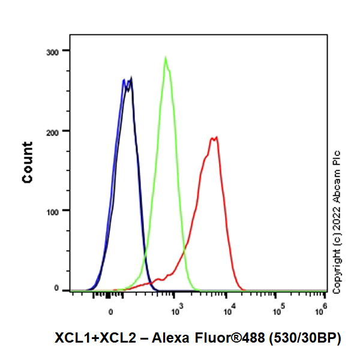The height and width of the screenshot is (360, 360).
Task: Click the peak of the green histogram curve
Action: coord(166,58)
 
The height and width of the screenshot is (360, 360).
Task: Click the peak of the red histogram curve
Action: coord(214,137)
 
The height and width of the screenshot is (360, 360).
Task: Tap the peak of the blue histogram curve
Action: coord(124,80)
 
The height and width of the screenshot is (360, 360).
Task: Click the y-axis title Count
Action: coord(28,162)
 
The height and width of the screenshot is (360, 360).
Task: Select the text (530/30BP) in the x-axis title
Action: coord(304,339)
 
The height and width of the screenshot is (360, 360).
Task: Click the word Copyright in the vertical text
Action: coord(337,273)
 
